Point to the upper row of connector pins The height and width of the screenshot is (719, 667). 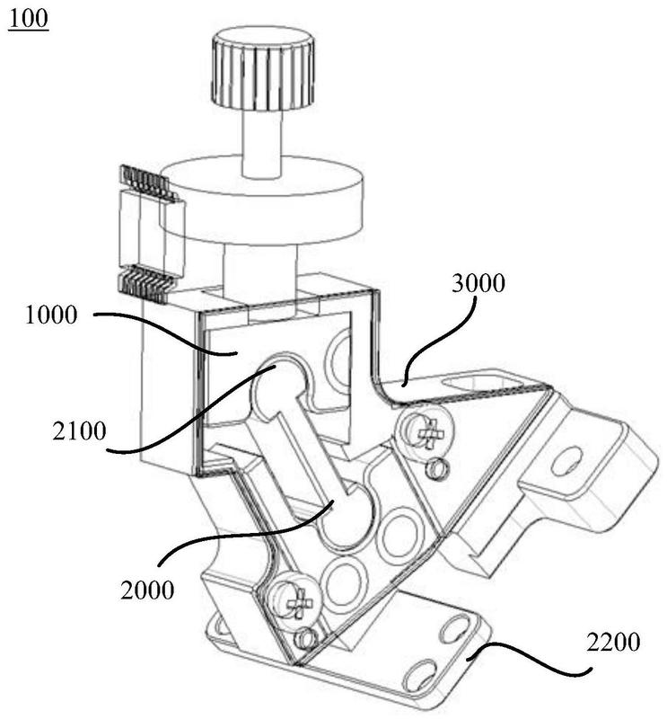145,183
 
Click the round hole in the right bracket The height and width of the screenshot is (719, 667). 565,464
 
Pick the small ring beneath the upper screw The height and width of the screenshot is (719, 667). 439,468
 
